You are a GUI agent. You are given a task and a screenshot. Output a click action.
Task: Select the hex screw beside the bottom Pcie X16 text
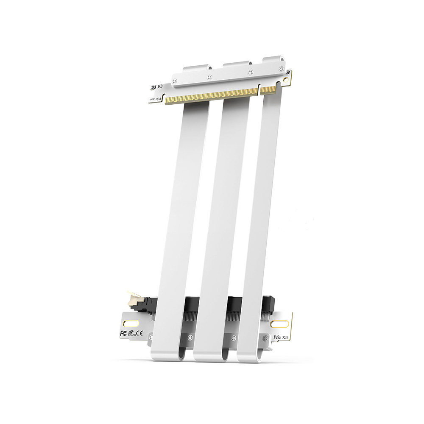click(x=265, y=338)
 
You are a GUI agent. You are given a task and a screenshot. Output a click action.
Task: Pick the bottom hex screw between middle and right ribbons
click(x=233, y=338)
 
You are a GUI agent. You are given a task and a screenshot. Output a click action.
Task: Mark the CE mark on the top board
click(x=152, y=85)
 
